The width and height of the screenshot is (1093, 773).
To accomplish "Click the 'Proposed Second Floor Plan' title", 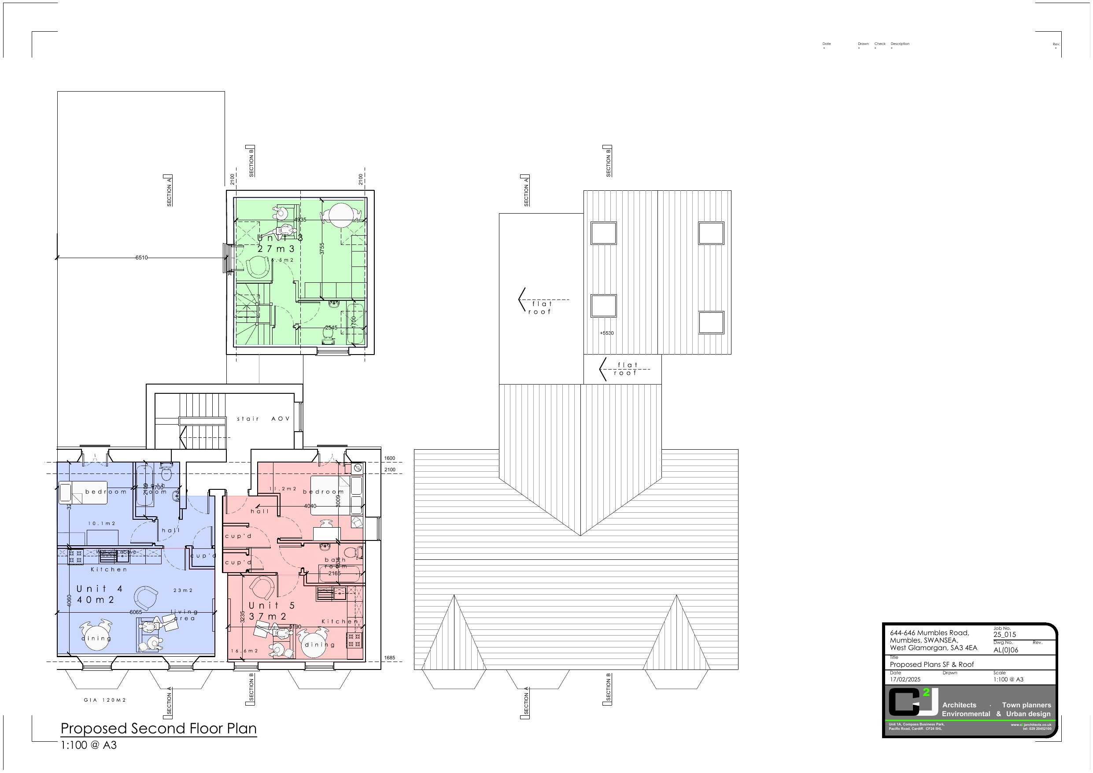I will tap(159, 728).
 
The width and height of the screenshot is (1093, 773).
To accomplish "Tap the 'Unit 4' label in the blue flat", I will tap(100, 589).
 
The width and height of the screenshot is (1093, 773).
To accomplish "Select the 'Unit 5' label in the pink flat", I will tap(271, 605).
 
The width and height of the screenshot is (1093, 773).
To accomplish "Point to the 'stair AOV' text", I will tap(263, 418).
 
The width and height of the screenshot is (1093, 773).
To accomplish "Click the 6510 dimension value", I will tap(141, 258).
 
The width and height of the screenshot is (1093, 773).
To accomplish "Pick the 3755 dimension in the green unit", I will tap(322, 248).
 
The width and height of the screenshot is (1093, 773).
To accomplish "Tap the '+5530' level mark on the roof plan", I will tap(606, 333).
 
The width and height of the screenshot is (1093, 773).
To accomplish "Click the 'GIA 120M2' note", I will tap(105, 700).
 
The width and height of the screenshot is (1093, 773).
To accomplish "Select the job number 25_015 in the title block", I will tap(1004, 634).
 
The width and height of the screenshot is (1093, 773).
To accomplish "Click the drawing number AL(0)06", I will tap(1005, 650).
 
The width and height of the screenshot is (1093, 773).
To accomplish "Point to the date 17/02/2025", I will tap(905, 680).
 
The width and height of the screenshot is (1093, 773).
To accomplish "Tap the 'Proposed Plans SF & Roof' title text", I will tap(932, 664).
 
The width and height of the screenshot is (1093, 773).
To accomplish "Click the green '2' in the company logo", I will tap(926, 692).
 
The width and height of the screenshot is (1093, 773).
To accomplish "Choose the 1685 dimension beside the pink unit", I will tap(389, 658).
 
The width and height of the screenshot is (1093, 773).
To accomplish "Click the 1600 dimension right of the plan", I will tap(389, 458).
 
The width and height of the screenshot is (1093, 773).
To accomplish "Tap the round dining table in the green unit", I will tap(341, 215).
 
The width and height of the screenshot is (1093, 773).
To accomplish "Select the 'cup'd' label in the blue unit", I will tap(203, 556).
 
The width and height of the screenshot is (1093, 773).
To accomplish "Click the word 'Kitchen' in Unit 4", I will tap(109, 570).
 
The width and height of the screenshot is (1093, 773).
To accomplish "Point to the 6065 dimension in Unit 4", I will tap(136, 612).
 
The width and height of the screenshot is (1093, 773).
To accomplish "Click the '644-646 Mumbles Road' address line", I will tap(929, 633).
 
